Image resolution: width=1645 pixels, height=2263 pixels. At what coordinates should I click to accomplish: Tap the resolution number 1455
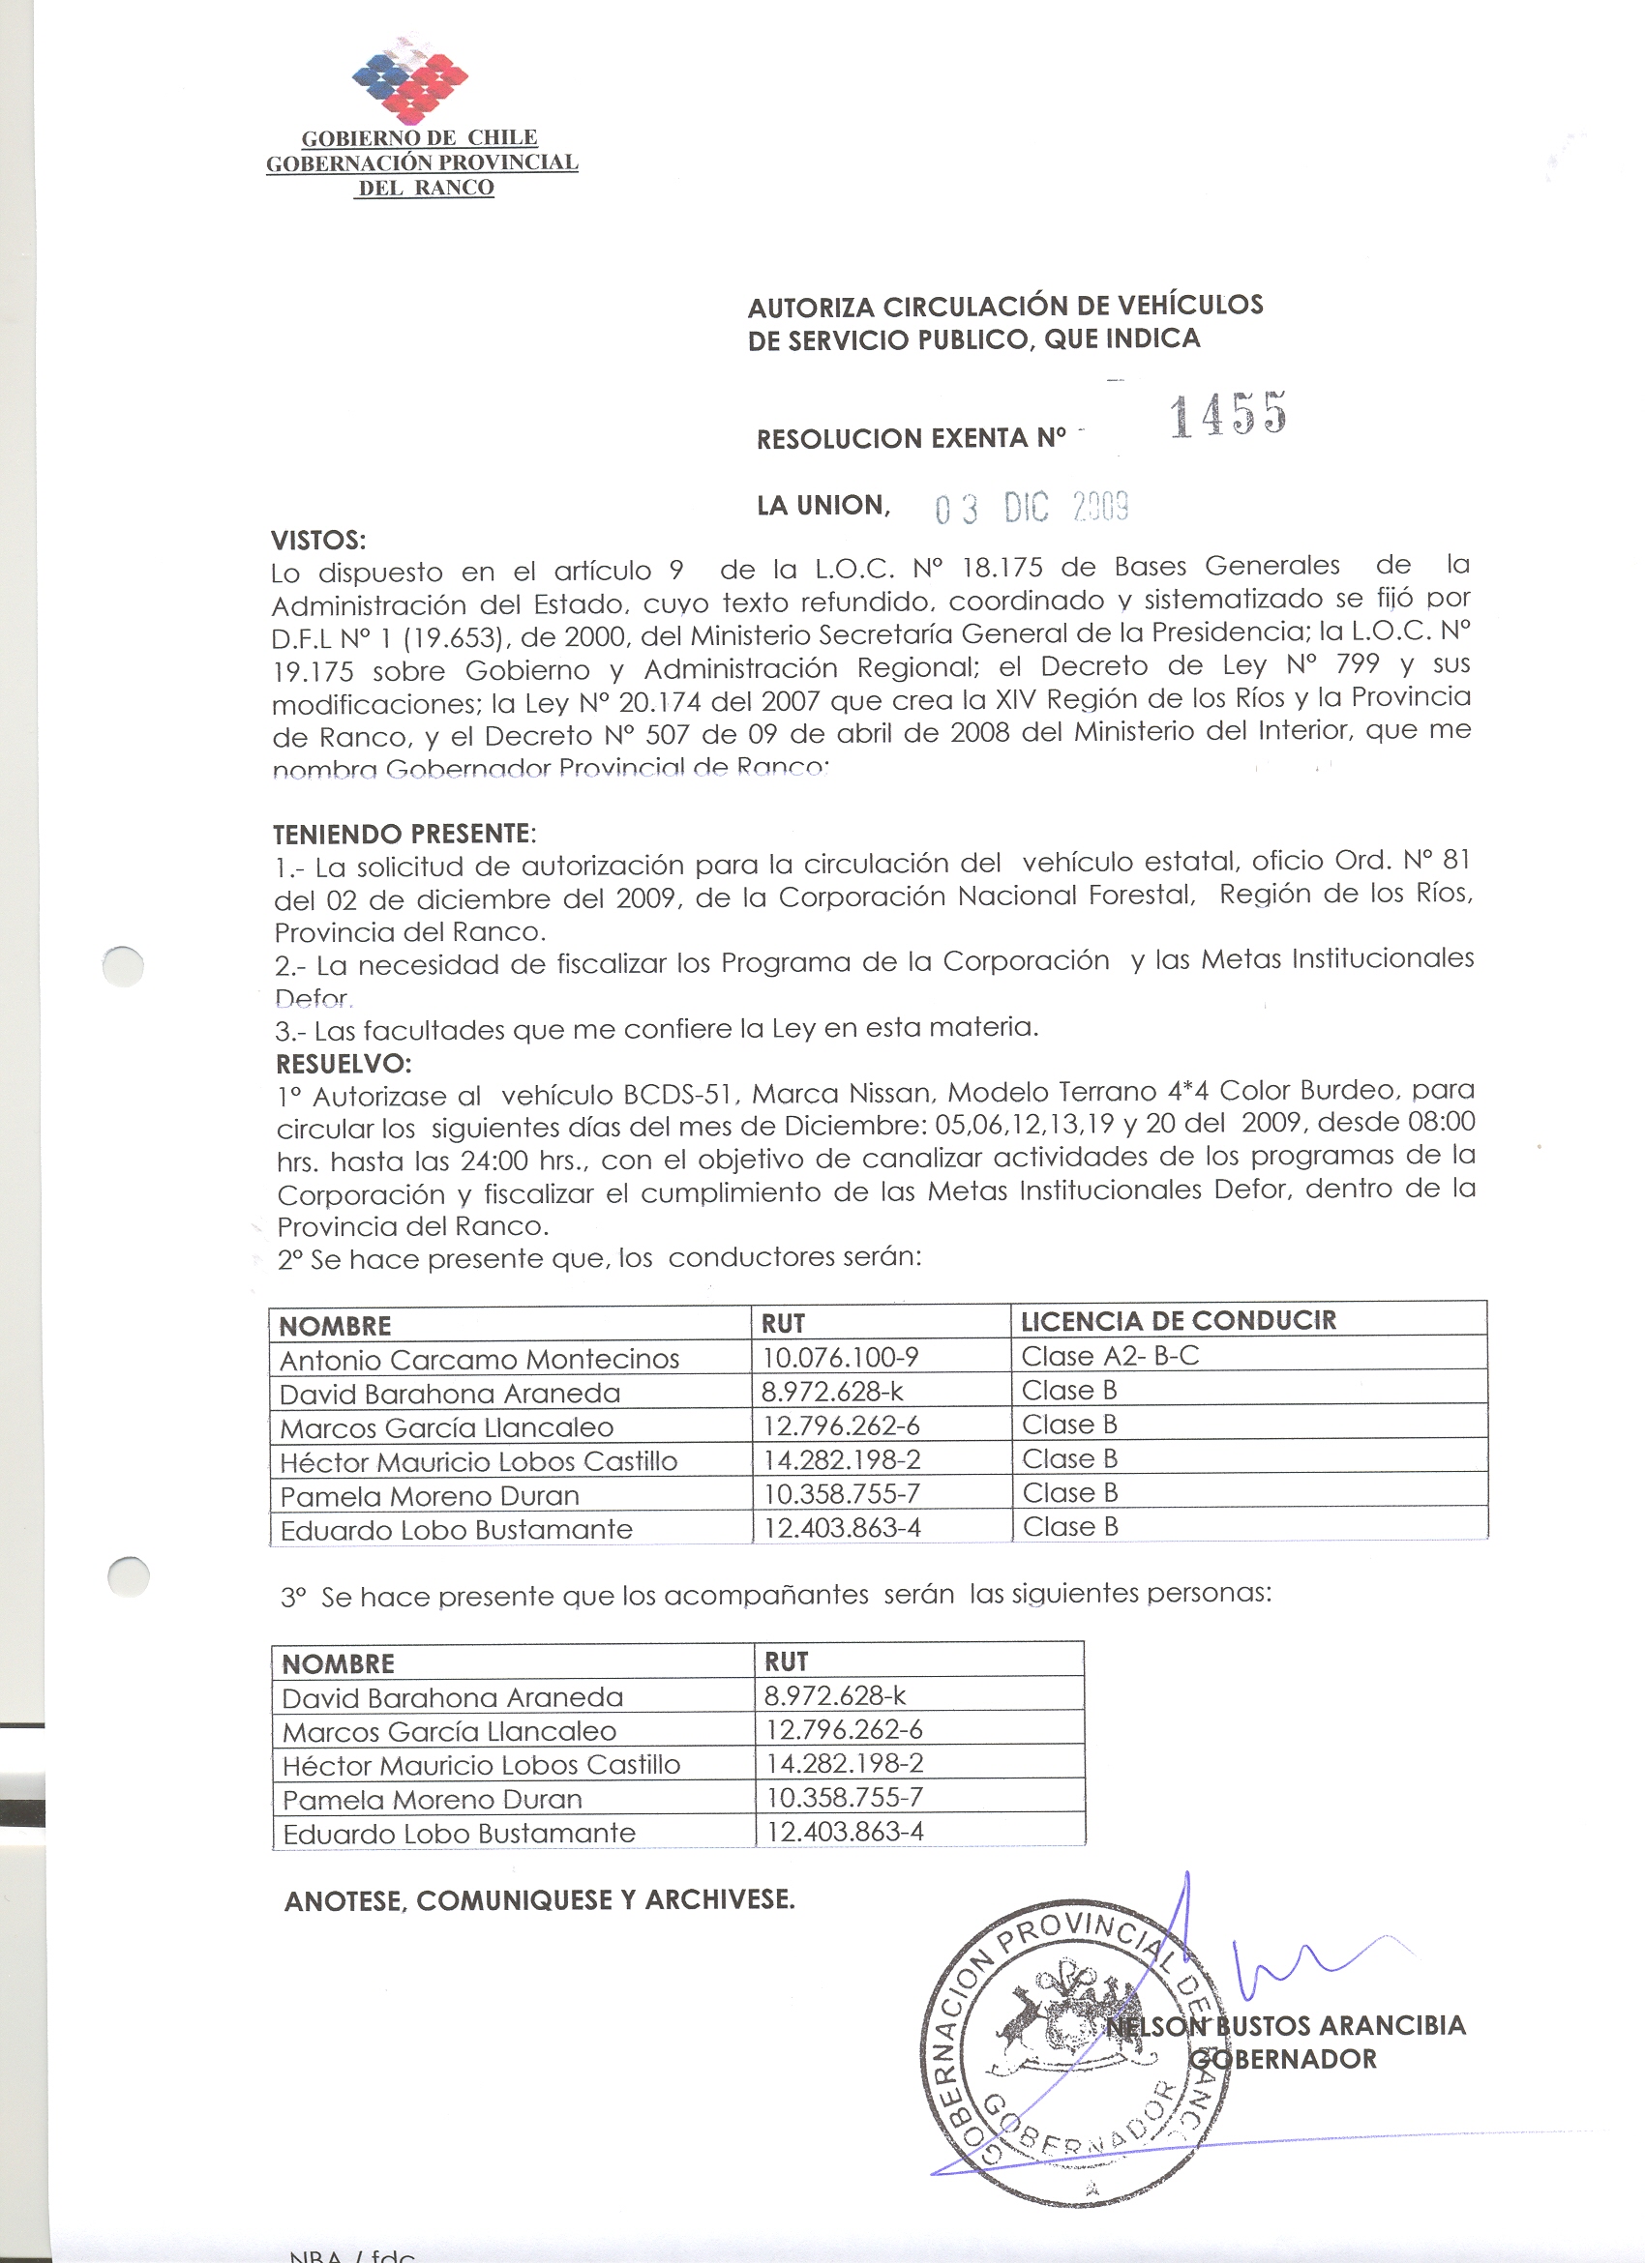coord(1228,414)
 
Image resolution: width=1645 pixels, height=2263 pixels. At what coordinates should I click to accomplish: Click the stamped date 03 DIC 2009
coord(1032,509)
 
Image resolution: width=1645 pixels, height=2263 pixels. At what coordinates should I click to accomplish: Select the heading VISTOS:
coord(318,541)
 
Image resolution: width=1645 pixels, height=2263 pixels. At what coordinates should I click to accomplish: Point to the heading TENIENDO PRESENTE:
coord(404,834)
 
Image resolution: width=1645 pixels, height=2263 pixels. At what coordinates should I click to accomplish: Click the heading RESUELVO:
coord(344,1063)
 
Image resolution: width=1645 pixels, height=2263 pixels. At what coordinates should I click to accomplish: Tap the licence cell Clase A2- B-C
coord(1110,1356)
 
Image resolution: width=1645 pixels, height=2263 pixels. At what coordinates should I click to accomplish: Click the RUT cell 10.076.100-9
coord(841,1358)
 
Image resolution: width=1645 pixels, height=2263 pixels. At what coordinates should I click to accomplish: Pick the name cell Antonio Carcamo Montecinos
coord(479,1360)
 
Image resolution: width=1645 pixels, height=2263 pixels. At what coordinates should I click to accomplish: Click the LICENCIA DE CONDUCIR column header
coord(1178,1321)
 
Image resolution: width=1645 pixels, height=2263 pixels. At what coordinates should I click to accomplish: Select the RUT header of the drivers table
coord(783,1324)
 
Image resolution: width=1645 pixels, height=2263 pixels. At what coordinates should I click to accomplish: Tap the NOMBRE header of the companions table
coord(339,1664)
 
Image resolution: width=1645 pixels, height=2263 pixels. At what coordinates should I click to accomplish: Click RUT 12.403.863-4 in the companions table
coord(845,1832)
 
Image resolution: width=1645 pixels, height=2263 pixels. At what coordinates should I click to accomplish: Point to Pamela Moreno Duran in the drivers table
coord(430,1497)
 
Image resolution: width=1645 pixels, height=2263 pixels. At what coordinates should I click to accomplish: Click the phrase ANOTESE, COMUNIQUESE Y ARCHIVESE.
coord(540,1900)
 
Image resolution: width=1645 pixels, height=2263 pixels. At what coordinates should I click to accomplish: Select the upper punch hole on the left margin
coord(124,965)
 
